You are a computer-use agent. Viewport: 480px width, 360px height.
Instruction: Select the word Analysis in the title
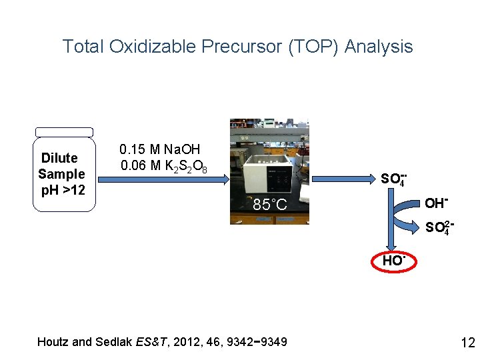coord(379,47)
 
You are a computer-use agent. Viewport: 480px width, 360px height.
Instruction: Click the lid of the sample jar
coord(64,132)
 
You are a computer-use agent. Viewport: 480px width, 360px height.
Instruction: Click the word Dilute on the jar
coord(60,158)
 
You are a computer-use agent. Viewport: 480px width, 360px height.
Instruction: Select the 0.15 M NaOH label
coord(159,149)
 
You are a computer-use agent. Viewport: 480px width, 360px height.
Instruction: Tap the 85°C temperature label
coord(270,205)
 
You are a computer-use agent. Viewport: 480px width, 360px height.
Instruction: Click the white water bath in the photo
coord(270,170)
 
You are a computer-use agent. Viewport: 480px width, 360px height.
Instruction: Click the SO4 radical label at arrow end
coord(393,179)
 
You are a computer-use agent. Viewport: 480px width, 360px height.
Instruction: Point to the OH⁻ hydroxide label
coord(435,203)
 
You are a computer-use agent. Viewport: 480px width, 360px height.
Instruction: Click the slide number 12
coord(467,343)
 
